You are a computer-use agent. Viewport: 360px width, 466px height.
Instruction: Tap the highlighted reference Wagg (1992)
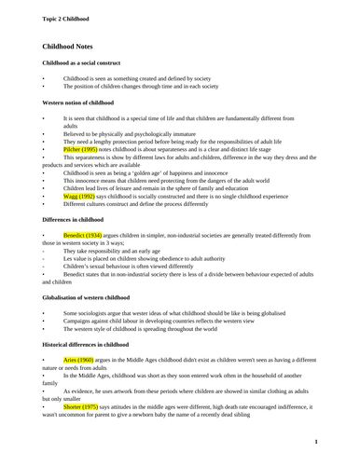(x=78, y=197)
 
